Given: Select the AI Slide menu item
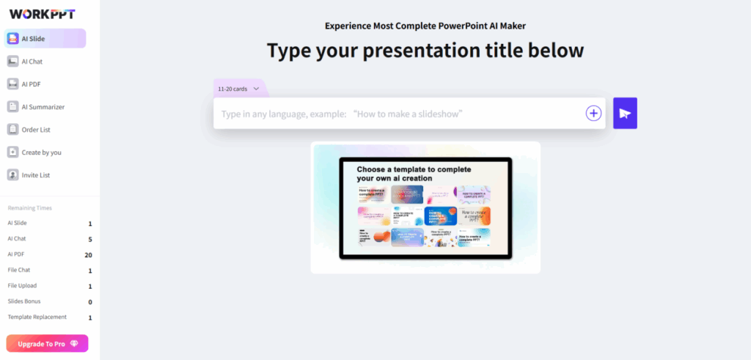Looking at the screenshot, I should coord(45,39).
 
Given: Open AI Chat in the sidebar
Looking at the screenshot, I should coord(32,62).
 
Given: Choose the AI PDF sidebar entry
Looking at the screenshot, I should coord(31,84).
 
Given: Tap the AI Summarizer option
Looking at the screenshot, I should coord(43,107).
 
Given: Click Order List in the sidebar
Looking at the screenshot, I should coord(36,130).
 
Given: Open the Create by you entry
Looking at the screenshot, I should coord(41,153).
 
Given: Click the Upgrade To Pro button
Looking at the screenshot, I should coord(47,343).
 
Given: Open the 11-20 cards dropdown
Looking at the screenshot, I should coord(238,89).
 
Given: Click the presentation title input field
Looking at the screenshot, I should coord(396,114).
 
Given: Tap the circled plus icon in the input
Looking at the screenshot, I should coord(593,113).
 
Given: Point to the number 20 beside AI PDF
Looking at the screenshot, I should coord(88,255).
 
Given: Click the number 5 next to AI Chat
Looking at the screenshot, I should coord(90,240).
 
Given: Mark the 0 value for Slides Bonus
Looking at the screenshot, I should coord(90,302).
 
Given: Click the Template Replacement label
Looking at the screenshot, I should coord(37,317).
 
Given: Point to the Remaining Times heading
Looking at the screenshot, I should coord(29,208).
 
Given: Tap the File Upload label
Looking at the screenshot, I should coord(22,286).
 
